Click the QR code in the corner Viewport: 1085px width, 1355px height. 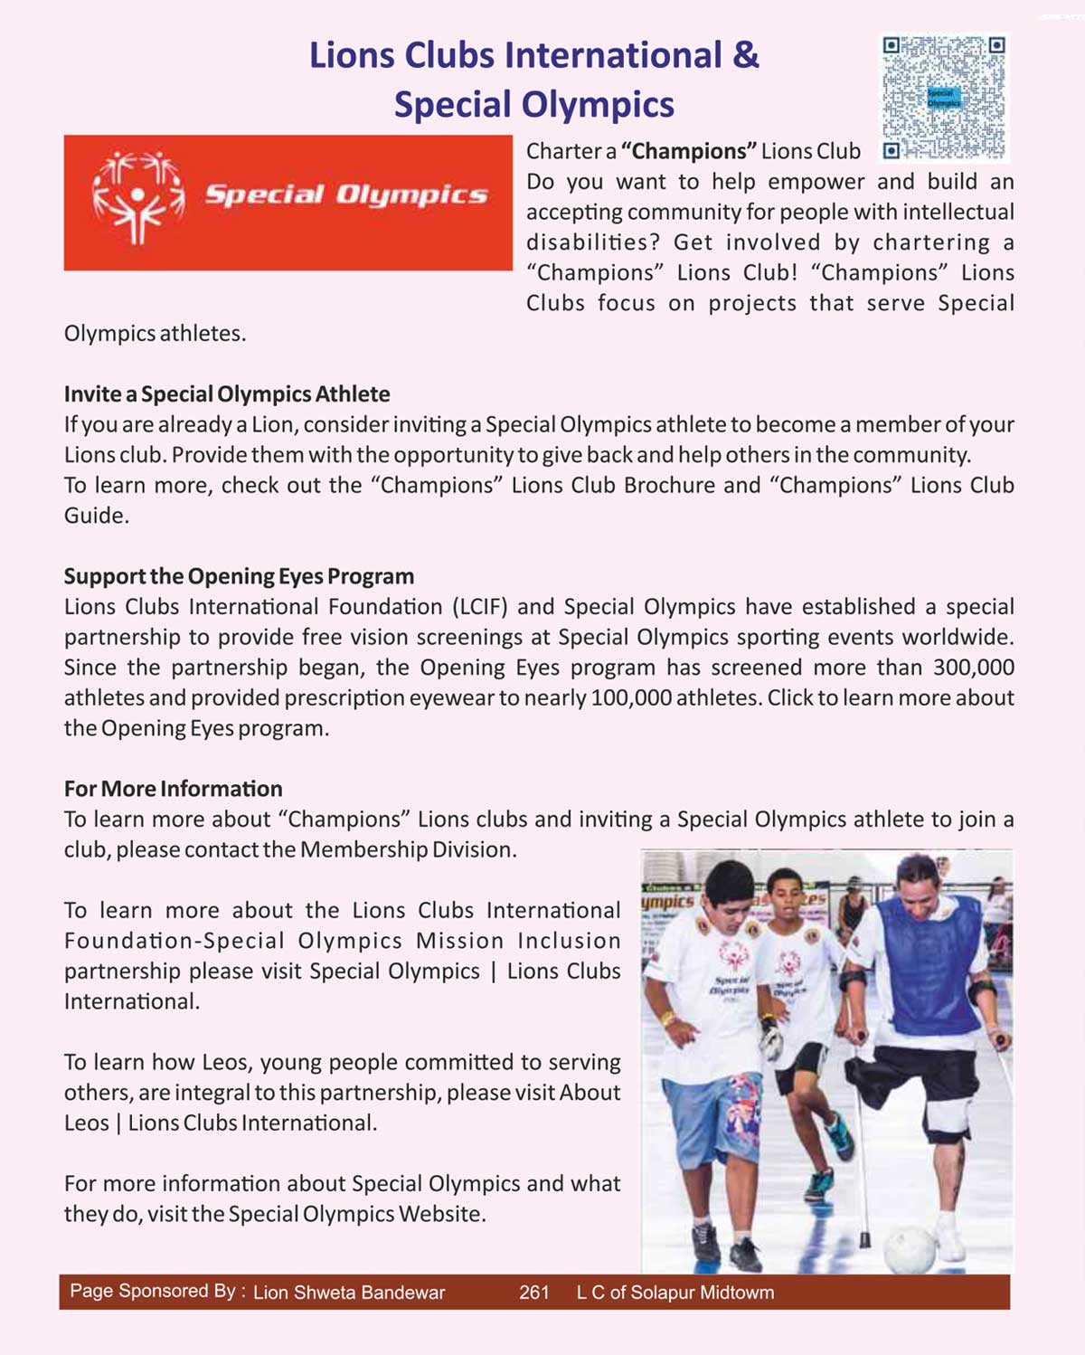click(x=943, y=98)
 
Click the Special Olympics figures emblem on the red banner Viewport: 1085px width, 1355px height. click(x=138, y=198)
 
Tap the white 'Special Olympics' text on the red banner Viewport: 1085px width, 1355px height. click(x=345, y=194)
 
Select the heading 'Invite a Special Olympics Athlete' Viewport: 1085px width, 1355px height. click(x=227, y=394)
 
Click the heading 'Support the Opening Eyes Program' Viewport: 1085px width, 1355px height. click(x=239, y=576)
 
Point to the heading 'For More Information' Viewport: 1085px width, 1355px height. click(x=173, y=789)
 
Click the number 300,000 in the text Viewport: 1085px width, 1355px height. click(x=973, y=668)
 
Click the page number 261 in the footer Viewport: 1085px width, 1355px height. click(x=534, y=1293)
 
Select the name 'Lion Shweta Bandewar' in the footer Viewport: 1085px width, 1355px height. click(x=349, y=1293)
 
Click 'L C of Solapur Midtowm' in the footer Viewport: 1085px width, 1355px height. click(x=675, y=1293)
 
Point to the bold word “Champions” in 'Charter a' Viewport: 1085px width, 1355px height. click(x=688, y=151)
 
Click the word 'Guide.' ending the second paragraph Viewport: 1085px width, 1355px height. click(x=97, y=516)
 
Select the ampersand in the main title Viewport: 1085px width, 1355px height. click(x=745, y=55)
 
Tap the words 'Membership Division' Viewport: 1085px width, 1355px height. click(x=407, y=850)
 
